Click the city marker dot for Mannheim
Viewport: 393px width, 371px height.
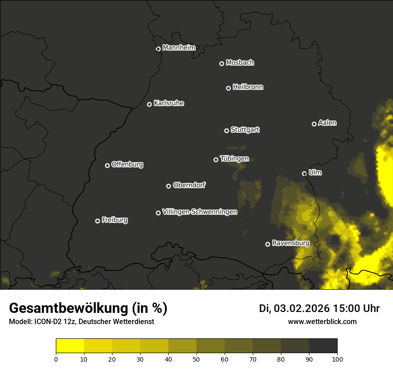pyautogui.click(x=158, y=49)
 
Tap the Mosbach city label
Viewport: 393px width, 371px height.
pyautogui.click(x=240, y=63)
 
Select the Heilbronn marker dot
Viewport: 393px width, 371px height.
pyautogui.click(x=228, y=88)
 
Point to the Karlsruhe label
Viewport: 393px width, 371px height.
pyautogui.click(x=169, y=103)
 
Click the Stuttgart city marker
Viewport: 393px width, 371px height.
pyautogui.click(x=226, y=131)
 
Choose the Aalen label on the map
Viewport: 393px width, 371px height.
pyautogui.click(x=327, y=123)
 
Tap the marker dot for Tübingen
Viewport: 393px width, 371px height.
pyautogui.click(x=216, y=160)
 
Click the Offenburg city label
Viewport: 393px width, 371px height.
pyautogui.click(x=127, y=164)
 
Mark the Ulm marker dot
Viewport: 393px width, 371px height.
pyautogui.click(x=304, y=173)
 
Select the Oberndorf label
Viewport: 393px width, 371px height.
pyautogui.click(x=189, y=185)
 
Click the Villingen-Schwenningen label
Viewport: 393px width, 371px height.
pyautogui.click(x=200, y=212)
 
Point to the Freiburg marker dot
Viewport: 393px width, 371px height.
pyautogui.click(x=97, y=221)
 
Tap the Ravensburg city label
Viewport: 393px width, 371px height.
pyautogui.click(x=291, y=243)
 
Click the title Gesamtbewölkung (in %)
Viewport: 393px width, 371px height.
pyautogui.click(x=88, y=308)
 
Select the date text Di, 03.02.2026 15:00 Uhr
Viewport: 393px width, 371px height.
pyautogui.click(x=319, y=308)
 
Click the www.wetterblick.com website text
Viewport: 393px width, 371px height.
pyautogui.click(x=322, y=321)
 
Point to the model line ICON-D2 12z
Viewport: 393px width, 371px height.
pyautogui.click(x=81, y=322)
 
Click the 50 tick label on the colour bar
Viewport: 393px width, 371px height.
pyautogui.click(x=196, y=358)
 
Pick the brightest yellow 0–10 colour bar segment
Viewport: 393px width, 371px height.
pyautogui.click(x=70, y=346)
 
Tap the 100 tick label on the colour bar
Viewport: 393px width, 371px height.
pyautogui.click(x=337, y=358)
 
